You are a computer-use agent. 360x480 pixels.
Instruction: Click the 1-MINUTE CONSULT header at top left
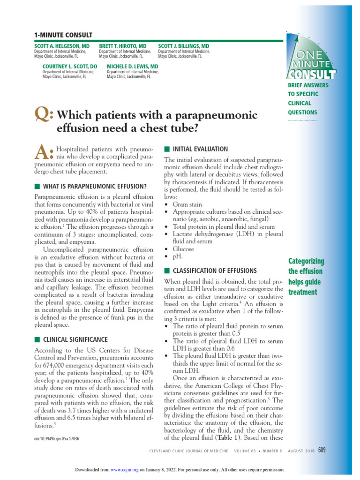point(63,35)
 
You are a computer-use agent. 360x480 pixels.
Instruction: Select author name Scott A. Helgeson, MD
point(62,46)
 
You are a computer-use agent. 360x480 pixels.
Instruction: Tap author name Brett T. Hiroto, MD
point(122,46)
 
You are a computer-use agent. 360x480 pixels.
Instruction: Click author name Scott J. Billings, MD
point(184,46)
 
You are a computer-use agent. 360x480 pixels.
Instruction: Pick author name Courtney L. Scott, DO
point(70,67)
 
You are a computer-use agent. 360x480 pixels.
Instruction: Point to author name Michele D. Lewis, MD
point(133,67)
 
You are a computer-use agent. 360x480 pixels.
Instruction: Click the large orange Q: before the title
point(44,115)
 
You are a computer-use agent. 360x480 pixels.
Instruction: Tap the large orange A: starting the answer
point(44,151)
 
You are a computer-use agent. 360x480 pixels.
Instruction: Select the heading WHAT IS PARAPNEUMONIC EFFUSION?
point(94,186)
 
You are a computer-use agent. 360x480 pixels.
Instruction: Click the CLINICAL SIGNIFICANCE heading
point(75,339)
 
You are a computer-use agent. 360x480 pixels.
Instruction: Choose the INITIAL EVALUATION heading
point(200,149)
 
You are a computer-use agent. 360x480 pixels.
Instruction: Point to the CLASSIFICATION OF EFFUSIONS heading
point(215,270)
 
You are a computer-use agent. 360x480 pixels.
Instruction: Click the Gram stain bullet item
point(187,204)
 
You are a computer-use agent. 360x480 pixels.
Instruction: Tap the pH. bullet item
point(178,257)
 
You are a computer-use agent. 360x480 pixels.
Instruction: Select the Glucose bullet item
point(183,249)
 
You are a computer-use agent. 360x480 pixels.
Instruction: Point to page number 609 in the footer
point(321,450)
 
